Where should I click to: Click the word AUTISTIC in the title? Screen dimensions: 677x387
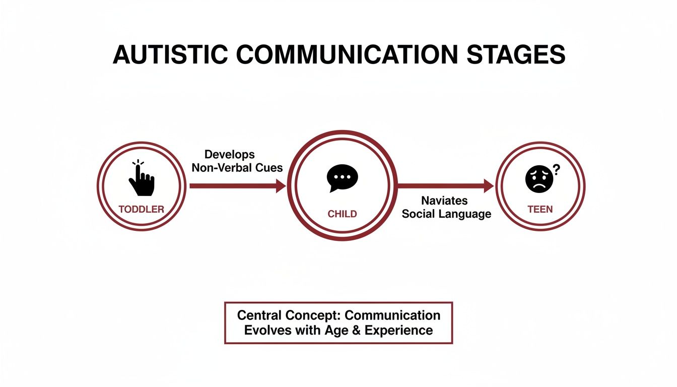coord(170,55)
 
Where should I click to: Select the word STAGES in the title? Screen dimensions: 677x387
coord(516,55)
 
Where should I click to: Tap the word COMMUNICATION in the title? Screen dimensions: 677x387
coord(347,55)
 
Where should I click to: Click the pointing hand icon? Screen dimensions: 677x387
coord(142,178)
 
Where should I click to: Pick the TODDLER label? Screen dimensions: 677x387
coord(142,209)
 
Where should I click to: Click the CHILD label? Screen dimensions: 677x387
coord(342,214)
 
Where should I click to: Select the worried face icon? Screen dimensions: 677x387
coord(539,179)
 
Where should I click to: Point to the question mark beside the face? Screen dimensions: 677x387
coord(556,170)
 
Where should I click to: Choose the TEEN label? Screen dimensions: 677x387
coord(540,209)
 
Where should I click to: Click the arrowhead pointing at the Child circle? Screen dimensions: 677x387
coord(281,185)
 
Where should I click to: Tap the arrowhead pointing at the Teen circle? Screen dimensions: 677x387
coord(489,185)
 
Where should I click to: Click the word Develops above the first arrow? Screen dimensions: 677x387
coord(230,155)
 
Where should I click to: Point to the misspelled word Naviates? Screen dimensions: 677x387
coord(444,201)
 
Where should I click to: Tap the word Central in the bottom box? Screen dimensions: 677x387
coord(259,315)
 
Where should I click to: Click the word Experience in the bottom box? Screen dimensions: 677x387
coord(398,331)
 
